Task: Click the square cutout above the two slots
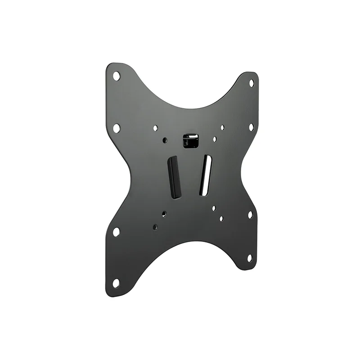190,140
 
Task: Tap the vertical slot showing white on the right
205,175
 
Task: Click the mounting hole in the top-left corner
116,76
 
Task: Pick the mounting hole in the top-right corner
252,83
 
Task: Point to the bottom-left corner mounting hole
116,283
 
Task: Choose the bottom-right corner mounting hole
249,258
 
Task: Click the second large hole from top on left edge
116,128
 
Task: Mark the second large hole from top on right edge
251,127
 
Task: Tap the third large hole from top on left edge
116,232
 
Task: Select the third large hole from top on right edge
250,215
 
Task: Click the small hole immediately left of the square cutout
165,140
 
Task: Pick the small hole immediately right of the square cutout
215,139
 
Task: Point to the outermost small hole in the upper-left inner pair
155,128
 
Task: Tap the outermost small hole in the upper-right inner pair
222,128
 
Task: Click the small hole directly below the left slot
164,214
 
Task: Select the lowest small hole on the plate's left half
155,227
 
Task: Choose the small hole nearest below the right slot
214,208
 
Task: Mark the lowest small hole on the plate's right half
221,219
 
